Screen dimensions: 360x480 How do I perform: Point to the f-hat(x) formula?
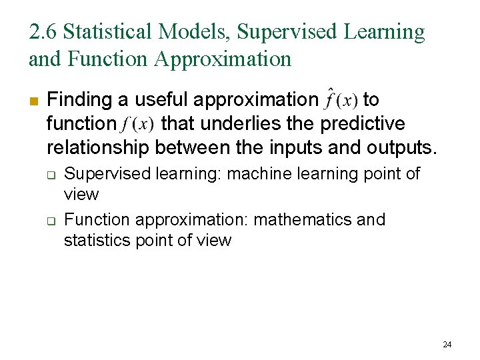[x=340, y=100]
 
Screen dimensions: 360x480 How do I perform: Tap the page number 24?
[x=447, y=345]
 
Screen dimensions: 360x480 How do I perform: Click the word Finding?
[x=79, y=101]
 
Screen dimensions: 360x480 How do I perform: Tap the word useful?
[x=155, y=100]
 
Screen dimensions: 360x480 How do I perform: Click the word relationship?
[x=97, y=147]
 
